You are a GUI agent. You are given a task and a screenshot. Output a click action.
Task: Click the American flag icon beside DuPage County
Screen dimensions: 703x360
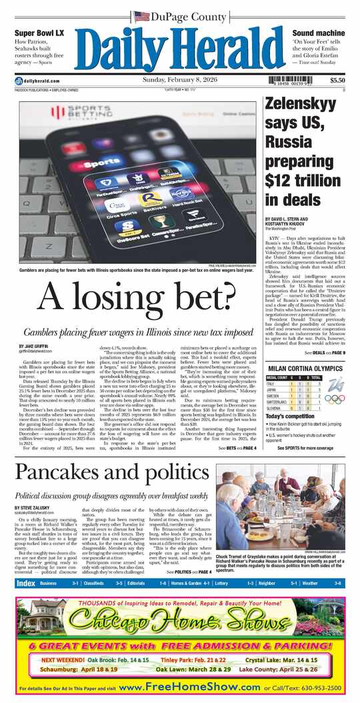141,16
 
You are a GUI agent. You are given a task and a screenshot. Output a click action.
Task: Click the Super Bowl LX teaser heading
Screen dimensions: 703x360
40,33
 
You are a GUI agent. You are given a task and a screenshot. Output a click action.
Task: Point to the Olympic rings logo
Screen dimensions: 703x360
335,398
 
